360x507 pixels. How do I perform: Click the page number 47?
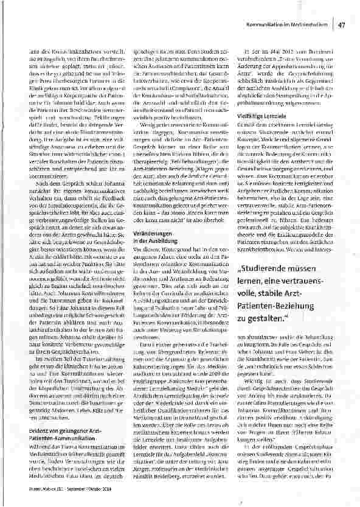[x=342, y=24]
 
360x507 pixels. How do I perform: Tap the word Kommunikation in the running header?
[x=266, y=25]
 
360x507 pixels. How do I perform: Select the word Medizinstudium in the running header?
[x=311, y=25]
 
